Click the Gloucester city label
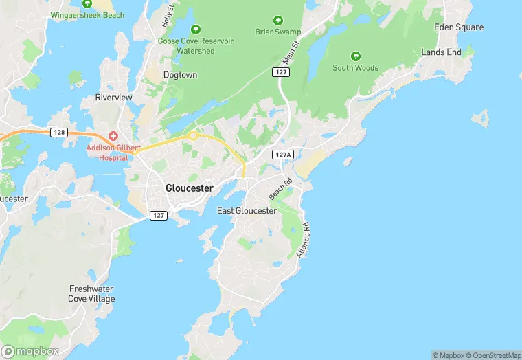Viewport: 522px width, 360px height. pyautogui.click(x=190, y=188)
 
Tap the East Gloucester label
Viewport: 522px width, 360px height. pyautogui.click(x=247, y=211)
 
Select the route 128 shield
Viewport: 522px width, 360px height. pyautogui.click(x=58, y=132)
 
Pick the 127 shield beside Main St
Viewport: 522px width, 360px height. pyautogui.click(x=279, y=72)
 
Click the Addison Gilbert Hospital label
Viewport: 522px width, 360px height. pyautogui.click(x=107, y=153)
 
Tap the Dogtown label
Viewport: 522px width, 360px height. pyautogui.click(x=180, y=75)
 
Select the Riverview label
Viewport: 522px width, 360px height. pyautogui.click(x=113, y=98)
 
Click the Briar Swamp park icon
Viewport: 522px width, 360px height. pyautogui.click(x=278, y=21)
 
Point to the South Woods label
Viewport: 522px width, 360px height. pyautogui.click(x=355, y=68)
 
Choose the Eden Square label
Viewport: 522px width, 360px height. pyautogui.click(x=459, y=27)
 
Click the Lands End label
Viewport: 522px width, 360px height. pyautogui.click(x=441, y=52)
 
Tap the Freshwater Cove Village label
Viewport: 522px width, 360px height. pyautogui.click(x=91, y=294)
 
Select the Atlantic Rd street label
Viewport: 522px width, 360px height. pyautogui.click(x=303, y=240)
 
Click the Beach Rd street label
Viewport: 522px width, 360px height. pyautogui.click(x=280, y=190)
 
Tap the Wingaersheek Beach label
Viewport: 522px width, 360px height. pyautogui.click(x=87, y=15)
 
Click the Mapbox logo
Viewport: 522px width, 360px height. pyautogui.click(x=30, y=350)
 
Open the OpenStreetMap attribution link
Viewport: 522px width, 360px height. pyautogui.click(x=493, y=355)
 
